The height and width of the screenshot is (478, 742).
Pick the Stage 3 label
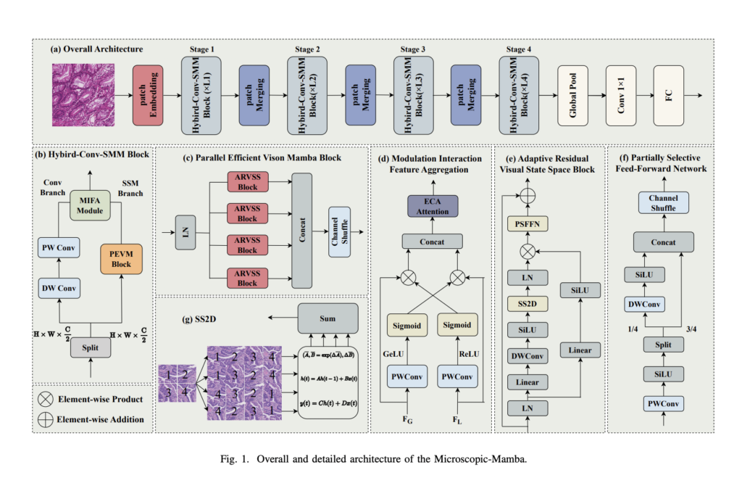click(412, 49)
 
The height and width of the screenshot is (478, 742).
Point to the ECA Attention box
click(433, 207)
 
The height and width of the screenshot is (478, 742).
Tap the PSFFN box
click(528, 225)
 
